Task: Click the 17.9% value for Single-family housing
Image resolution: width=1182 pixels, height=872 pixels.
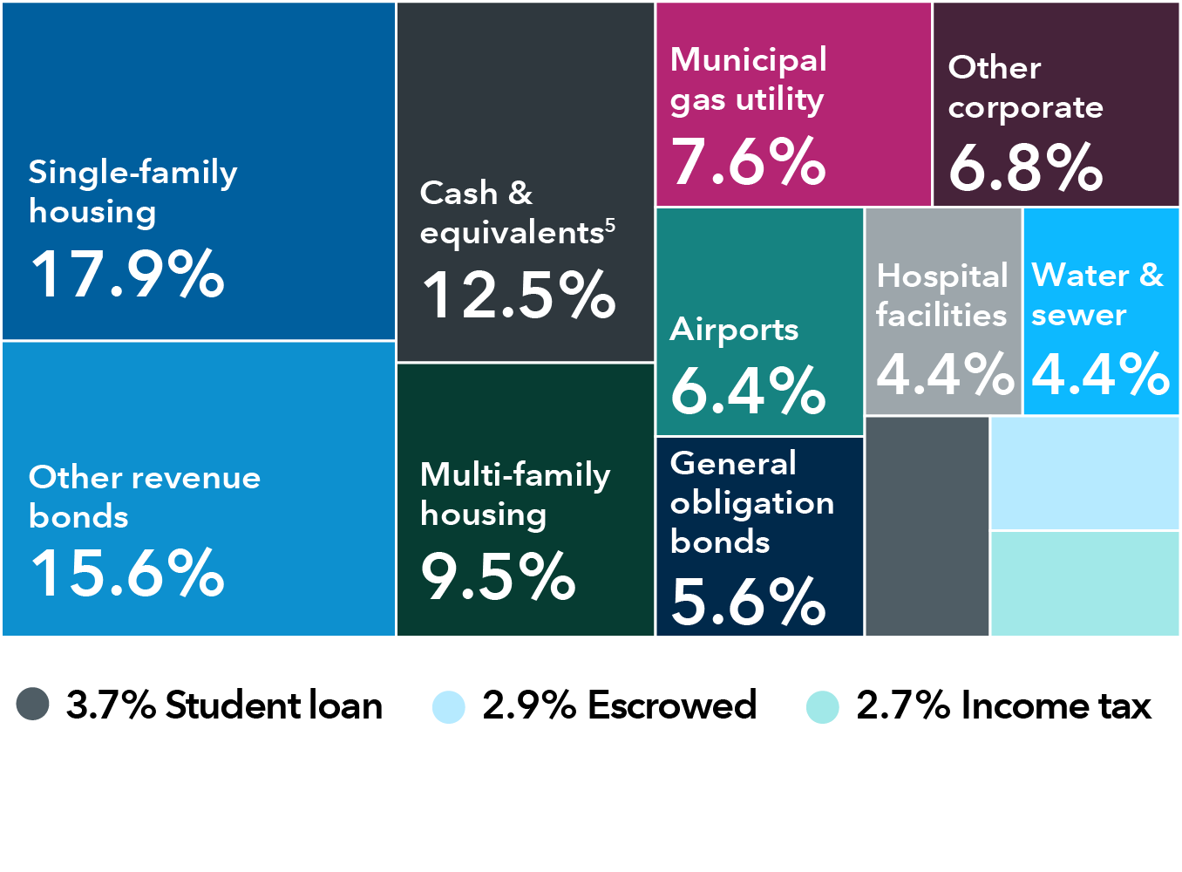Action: coord(127,274)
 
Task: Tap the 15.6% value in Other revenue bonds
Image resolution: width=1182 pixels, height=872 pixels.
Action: coord(127,573)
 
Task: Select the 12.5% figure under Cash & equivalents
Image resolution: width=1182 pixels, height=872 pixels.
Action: coord(519,295)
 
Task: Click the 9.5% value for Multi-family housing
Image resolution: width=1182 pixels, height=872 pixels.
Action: coord(498,576)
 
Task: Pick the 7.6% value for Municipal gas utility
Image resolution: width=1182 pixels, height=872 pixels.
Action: coord(748,162)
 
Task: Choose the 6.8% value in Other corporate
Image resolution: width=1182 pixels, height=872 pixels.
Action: coord(1025,167)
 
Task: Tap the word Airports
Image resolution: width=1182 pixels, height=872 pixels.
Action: coord(734,330)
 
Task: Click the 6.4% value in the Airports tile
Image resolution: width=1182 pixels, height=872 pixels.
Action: coord(748,390)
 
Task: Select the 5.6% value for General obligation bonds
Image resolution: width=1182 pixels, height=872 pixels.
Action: coord(748,602)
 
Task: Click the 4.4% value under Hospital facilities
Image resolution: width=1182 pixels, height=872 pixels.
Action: coord(945,374)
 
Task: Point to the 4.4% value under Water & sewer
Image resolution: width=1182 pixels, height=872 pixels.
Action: coord(1100,374)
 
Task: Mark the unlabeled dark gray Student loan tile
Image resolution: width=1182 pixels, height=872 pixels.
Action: coord(927,527)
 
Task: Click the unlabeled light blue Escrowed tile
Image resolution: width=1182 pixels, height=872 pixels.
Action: coord(1085,473)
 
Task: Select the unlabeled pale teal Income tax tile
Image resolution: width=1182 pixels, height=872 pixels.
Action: coord(1085,583)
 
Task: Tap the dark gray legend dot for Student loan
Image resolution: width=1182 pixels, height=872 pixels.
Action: coord(33,705)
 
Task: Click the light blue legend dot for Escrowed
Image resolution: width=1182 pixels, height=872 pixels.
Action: coord(449,706)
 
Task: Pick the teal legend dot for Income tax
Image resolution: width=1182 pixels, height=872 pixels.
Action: coord(823,706)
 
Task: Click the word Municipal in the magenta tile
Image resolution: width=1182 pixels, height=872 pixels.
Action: coord(748,60)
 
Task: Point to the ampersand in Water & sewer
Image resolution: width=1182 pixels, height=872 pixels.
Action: coord(1151,276)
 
